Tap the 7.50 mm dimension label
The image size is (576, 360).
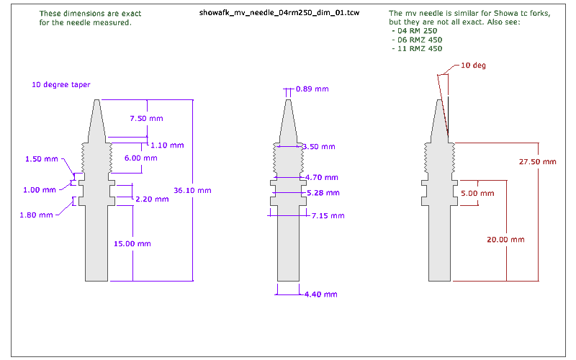pos(146,118)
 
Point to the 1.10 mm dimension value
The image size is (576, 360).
pos(166,145)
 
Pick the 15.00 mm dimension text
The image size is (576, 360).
pos(132,243)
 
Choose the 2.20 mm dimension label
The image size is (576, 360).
pos(152,199)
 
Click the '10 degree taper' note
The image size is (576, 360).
pos(60,84)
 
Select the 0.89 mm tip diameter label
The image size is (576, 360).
pos(312,89)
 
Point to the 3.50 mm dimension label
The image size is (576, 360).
pos(318,146)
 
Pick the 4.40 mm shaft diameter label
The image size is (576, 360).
pos(320,294)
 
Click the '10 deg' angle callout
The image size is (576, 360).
pos(474,66)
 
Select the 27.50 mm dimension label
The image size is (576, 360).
pos(538,162)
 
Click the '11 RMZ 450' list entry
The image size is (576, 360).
pos(416,49)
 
